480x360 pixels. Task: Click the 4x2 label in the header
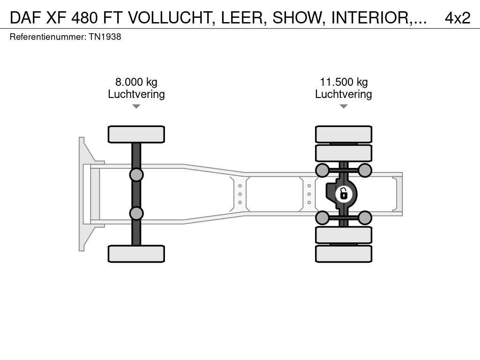(457, 18)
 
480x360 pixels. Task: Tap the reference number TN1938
(105, 37)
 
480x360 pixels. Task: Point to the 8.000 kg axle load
(136, 82)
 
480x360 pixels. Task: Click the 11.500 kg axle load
(344, 82)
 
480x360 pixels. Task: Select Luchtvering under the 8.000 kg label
(136, 94)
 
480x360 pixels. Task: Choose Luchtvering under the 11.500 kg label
(344, 94)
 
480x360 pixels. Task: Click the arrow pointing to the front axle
(136, 106)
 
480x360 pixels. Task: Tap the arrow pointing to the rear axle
(344, 106)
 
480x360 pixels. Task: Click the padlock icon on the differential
(344, 194)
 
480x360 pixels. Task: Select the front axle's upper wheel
(136, 135)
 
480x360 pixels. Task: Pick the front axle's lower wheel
(136, 254)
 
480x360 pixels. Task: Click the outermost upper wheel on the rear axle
(344, 134)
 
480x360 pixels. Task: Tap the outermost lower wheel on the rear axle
(344, 254)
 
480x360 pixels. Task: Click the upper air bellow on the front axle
(136, 175)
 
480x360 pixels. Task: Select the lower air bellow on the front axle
(136, 213)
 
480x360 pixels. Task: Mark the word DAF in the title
(25, 18)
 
